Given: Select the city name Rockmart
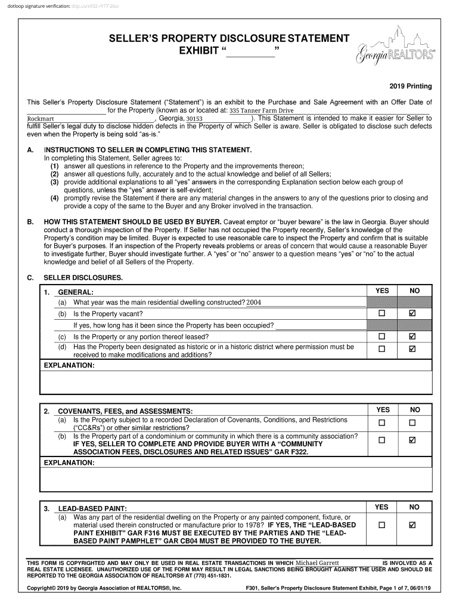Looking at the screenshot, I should click(36, 119).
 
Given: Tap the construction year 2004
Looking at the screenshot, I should click(254, 303).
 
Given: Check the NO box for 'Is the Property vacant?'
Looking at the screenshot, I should click(412, 314).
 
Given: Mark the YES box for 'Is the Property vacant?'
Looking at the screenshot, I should click(382, 314).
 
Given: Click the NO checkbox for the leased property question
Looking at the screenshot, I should click(412, 337).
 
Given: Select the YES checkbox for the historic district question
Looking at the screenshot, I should click(382, 349).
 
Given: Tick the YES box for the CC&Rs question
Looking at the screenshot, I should click(382, 423).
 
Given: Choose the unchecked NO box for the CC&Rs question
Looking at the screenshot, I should click(412, 423).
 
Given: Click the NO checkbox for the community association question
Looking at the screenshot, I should click(412, 440).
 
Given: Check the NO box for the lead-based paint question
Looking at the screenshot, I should click(412, 525).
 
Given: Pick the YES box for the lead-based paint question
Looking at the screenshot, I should click(382, 525).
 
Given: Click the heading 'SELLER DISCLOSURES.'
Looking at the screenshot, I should click(83, 277).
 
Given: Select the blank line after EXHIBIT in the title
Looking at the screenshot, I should click(250, 52).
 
